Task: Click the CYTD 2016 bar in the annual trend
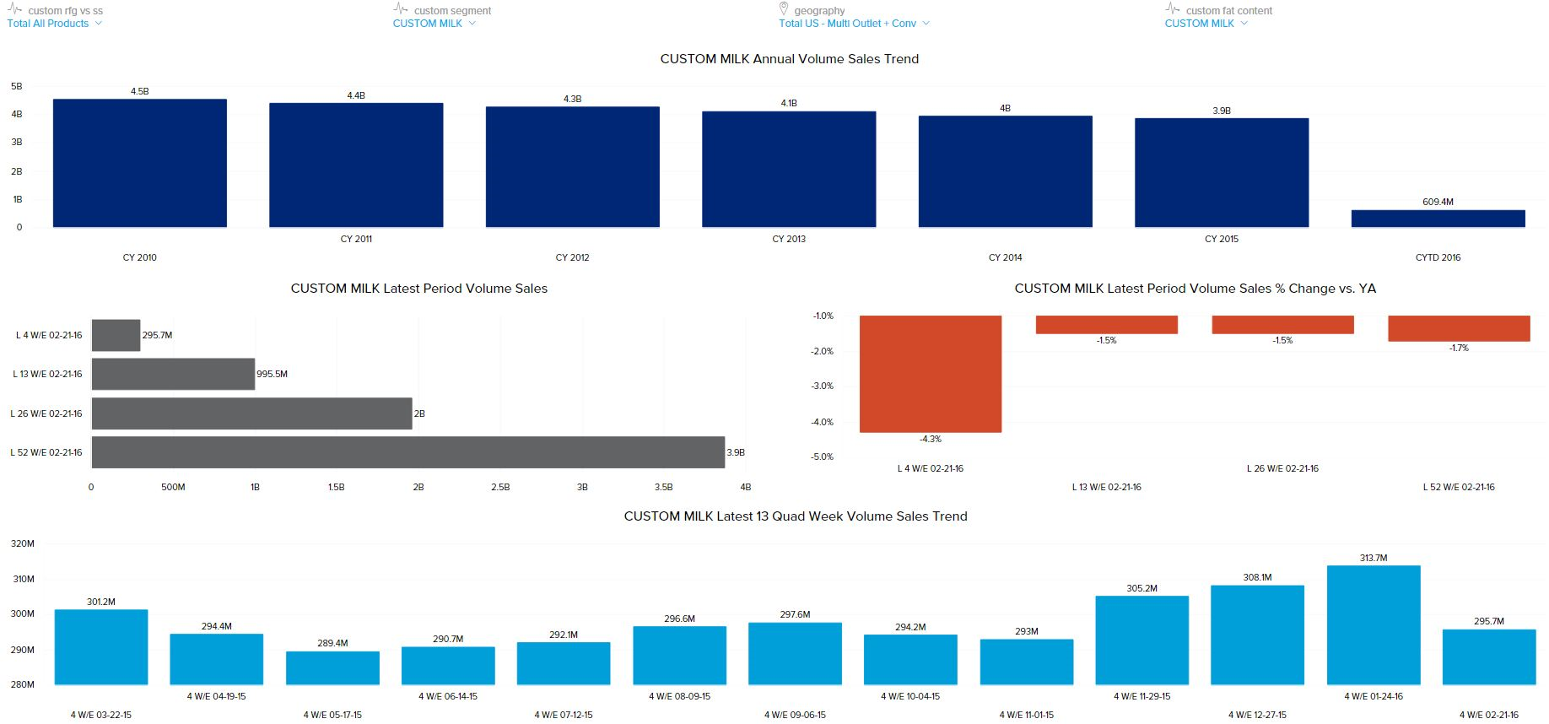coord(1438,219)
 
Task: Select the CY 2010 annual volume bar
coord(140,163)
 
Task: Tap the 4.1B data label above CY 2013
coord(789,103)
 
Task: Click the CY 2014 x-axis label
coord(1005,257)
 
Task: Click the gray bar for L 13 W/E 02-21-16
coord(173,374)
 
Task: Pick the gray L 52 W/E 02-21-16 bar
coord(407,452)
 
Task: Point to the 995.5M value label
coord(273,374)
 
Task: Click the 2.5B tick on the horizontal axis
coord(500,487)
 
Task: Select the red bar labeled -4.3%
coord(930,374)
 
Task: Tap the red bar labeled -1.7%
coord(1459,328)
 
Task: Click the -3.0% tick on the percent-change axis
coord(822,386)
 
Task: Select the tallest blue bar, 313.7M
coord(1374,624)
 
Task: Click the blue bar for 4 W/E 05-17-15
coord(332,667)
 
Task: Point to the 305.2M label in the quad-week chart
coord(1142,588)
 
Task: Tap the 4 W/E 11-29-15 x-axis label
coord(1142,696)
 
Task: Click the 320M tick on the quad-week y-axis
coord(23,543)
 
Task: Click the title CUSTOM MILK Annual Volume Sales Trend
coord(789,59)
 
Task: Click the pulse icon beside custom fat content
coord(1173,8)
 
